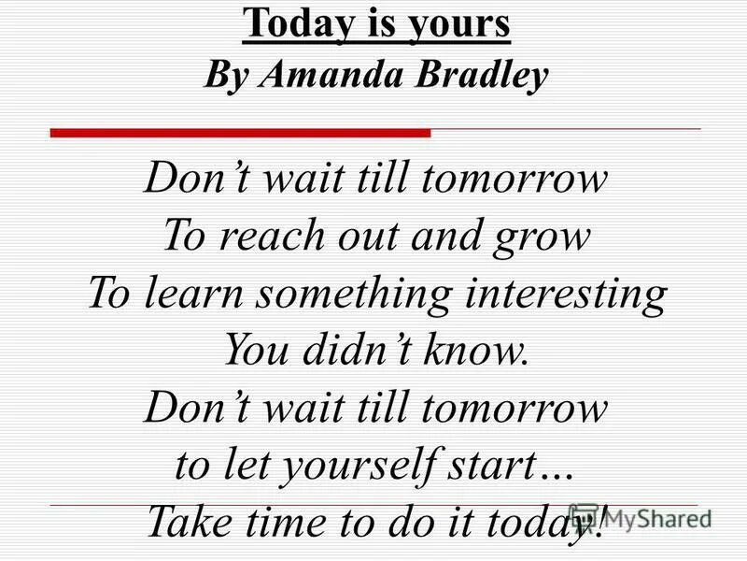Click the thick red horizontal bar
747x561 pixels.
(239, 134)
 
